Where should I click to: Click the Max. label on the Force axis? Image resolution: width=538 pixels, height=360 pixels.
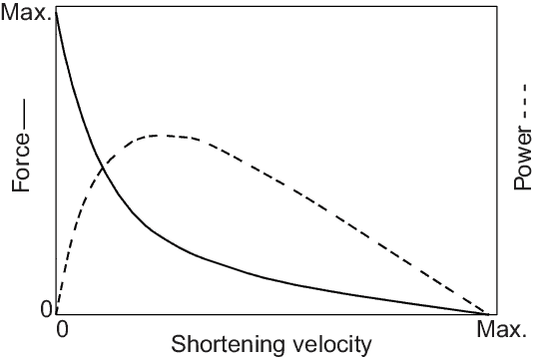click(26, 13)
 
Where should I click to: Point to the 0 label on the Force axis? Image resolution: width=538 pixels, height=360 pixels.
click(45, 310)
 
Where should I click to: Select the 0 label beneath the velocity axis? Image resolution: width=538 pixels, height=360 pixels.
click(62, 328)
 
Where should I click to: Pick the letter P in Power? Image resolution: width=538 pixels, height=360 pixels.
click(521, 189)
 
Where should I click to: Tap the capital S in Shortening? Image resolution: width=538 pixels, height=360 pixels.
click(179, 345)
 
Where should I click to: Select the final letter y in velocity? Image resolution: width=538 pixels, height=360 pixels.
click(366, 348)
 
